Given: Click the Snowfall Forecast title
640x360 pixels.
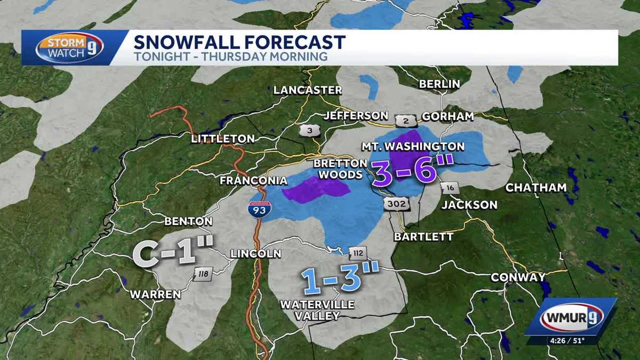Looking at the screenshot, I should pos(239,42).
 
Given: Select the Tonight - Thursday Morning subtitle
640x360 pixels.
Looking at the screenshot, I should pos(230,57).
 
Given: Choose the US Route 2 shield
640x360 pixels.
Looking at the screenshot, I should pos(406,121).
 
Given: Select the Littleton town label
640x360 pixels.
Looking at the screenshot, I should pos(223,139).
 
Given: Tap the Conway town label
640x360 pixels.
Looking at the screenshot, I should pos(517,277).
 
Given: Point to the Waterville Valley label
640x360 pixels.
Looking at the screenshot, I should pos(317,310).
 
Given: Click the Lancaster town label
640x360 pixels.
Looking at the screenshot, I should pos(307,90).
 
